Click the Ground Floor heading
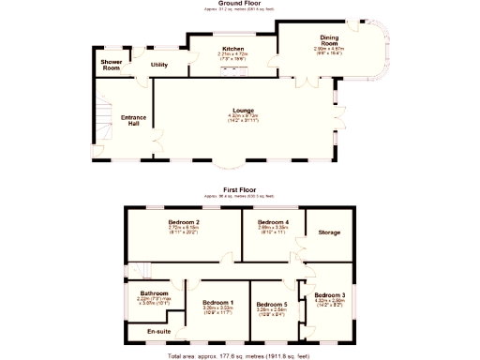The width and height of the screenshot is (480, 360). tap(240, 3)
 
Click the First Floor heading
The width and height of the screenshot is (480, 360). tap(240, 189)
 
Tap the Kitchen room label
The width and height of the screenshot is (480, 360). tap(232, 49)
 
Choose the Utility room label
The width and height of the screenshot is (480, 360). tap(159, 65)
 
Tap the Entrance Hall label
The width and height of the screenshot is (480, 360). tap(134, 120)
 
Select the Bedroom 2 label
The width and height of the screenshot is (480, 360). tap(184, 222)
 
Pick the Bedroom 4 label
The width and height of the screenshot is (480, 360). tap(274, 222)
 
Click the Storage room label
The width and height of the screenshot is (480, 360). tap(328, 232)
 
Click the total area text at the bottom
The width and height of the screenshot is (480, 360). tap(240, 357)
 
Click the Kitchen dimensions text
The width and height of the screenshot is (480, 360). tap(232, 59)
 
